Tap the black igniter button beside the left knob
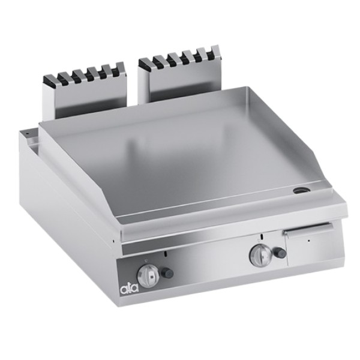(167, 272)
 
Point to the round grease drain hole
(300, 190)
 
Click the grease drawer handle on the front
(308, 228)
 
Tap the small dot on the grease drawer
(308, 241)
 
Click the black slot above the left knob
(166, 254)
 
